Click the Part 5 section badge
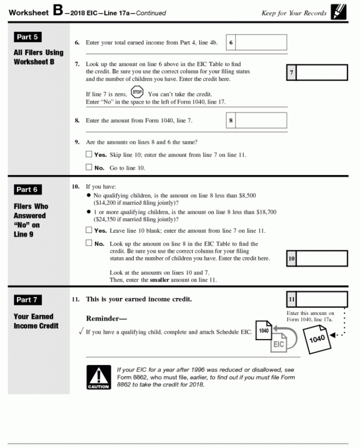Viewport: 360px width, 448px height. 27,37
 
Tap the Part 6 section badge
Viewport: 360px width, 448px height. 27,189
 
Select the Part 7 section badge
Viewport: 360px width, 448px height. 27,300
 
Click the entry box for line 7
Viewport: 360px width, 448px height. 322,73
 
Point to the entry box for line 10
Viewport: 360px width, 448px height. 322,259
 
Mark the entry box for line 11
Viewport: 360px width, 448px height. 322,299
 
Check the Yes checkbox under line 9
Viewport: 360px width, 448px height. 89,154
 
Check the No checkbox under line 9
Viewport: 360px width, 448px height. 89,168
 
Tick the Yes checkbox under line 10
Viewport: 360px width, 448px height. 89,230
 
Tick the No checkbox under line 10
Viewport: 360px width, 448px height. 89,243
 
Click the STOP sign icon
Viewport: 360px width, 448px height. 137,91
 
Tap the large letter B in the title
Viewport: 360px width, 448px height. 57,11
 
